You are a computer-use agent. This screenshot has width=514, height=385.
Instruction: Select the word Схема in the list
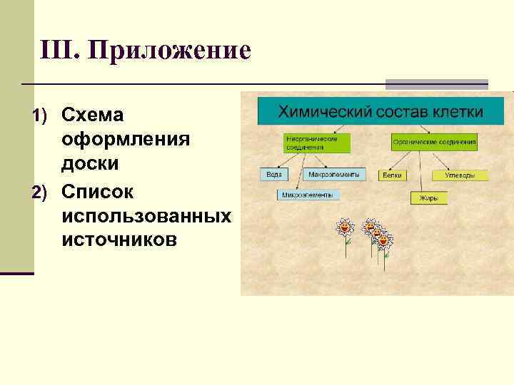[x=94, y=114]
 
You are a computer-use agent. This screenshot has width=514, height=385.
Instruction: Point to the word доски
[x=90, y=164]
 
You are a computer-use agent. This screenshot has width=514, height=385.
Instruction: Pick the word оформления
[x=126, y=139]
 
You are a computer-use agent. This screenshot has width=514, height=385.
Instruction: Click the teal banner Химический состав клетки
[x=380, y=112]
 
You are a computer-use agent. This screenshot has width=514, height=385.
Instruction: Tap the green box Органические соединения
[x=434, y=143]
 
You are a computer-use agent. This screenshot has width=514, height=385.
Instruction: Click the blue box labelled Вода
[x=274, y=174]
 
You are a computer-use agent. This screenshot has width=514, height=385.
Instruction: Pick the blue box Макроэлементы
[x=334, y=174]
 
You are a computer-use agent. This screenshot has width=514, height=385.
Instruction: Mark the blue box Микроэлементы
[x=308, y=194]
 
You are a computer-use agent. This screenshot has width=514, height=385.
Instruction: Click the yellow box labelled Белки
[x=392, y=175]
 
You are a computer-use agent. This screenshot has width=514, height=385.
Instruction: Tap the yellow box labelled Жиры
[x=428, y=197]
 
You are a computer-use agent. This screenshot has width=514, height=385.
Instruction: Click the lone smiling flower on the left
[x=345, y=228]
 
